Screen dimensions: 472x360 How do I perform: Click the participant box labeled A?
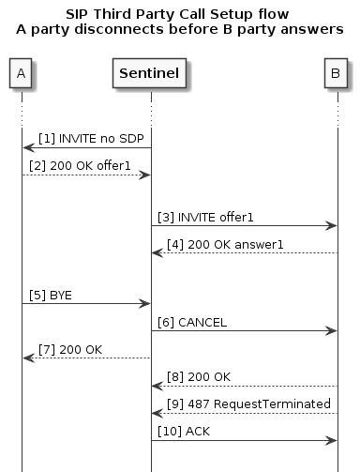click(x=21, y=72)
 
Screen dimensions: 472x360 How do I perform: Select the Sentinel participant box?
click(x=150, y=72)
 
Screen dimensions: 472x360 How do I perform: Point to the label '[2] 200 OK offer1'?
click(x=82, y=165)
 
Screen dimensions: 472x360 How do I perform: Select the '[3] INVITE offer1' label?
click(x=204, y=217)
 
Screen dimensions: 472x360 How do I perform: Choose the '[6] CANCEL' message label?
click(x=192, y=322)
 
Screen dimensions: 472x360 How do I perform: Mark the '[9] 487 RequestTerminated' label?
click(x=240, y=403)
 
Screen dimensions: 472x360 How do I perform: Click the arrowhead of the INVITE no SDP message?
click(x=28, y=147)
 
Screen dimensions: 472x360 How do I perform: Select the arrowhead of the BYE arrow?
click(x=144, y=303)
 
